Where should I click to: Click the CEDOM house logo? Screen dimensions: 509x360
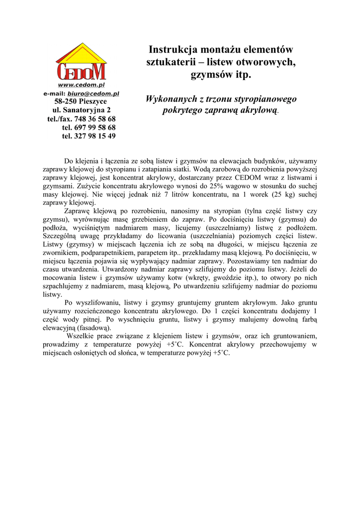pyautogui.click(x=82, y=63)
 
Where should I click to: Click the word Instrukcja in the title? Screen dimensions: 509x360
pyautogui.click(x=174, y=50)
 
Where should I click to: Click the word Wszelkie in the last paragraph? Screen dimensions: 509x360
pyautogui.click(x=81, y=336)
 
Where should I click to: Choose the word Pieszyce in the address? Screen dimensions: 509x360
pyautogui.click(x=100, y=101)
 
